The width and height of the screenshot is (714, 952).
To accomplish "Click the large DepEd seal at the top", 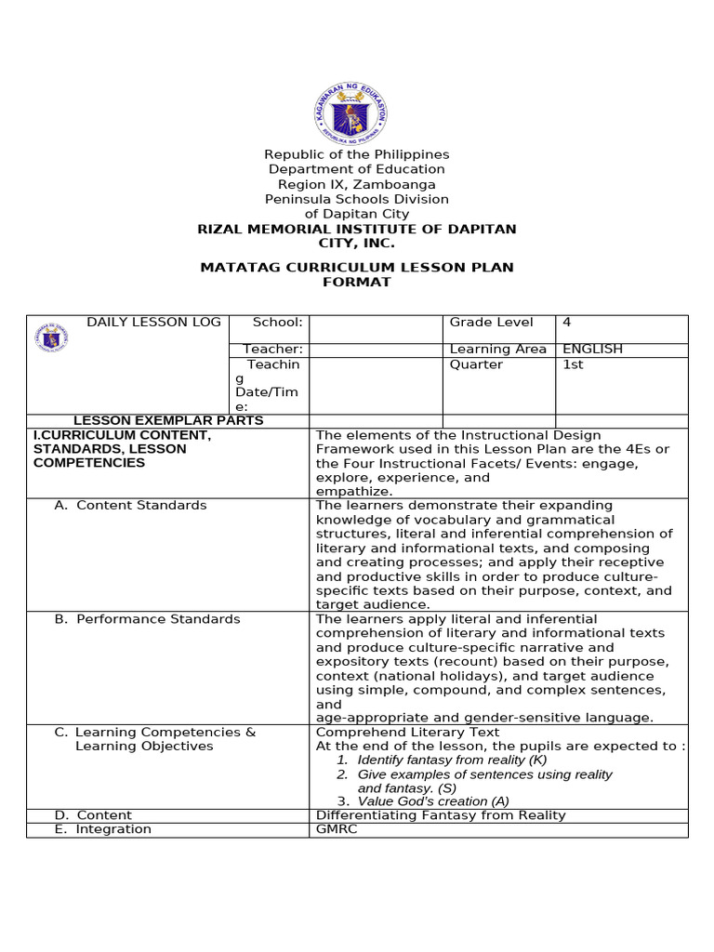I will coord(350,115).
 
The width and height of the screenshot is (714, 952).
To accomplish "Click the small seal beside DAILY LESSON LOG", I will coord(51,337).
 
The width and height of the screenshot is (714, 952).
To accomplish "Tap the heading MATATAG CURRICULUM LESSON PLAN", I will coord(357,268).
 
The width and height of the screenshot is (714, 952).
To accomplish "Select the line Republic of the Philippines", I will coord(357,154).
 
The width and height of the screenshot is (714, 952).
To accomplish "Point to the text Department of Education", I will coord(357,169).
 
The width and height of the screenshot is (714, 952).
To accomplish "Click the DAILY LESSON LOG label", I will coord(153,323).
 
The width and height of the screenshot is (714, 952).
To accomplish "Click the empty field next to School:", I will coord(375,328).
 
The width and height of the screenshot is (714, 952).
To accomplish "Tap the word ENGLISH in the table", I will coord(592,350).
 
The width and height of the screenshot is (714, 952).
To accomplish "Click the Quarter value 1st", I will coord(573,364).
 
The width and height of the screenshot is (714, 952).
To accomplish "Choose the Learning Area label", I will coord(498,350).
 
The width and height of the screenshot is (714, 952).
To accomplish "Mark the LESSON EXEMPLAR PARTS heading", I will coord(168,420).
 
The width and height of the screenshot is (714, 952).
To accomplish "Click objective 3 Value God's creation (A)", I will coord(423,801).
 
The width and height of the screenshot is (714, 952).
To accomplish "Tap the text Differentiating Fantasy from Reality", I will coord(441,815).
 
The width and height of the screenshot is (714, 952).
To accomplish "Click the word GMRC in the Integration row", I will coord(337,829).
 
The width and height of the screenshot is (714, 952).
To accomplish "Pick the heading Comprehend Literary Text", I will coord(408,733).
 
